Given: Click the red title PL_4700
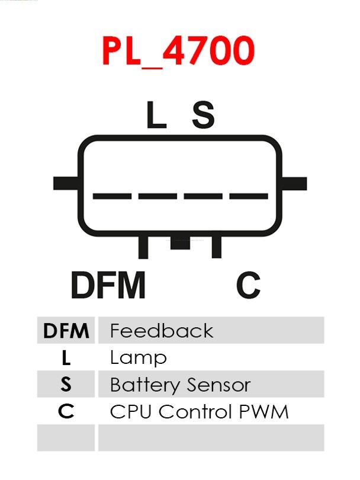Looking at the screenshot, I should click(178, 51).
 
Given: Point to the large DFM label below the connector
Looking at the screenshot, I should click(108, 286).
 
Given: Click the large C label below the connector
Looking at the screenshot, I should click(249, 286).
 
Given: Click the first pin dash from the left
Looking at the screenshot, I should click(112, 196).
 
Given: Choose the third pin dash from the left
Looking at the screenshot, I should click(203, 196).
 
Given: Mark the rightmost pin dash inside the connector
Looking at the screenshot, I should click(249, 196).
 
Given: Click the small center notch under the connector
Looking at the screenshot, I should click(180, 243).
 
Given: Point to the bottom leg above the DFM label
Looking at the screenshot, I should click(143, 247).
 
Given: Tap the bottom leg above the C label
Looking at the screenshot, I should click(217, 247).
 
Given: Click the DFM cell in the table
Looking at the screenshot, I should click(66, 331).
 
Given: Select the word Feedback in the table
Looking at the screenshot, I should click(161, 331).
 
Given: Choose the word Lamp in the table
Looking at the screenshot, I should click(138, 358).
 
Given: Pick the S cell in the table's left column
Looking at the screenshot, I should click(66, 385).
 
